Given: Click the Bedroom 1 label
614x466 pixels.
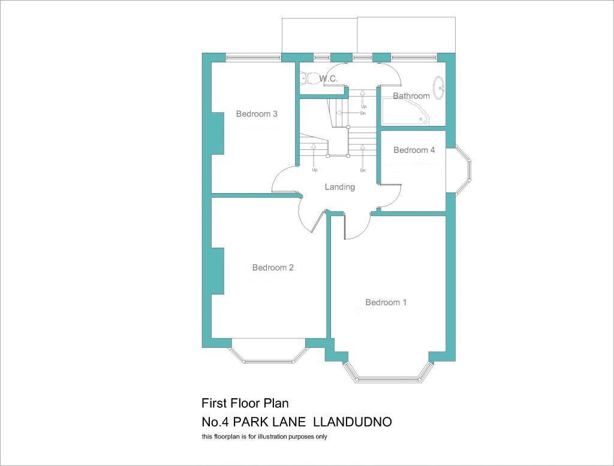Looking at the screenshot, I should coord(386,302).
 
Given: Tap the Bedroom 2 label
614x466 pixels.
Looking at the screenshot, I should coord(273,267).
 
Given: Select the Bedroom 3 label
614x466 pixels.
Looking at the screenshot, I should coord(257,114).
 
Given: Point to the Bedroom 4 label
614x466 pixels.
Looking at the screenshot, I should coord(414,150).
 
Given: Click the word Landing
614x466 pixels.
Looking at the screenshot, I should coord(340,187).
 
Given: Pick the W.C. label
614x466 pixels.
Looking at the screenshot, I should coord(329,79).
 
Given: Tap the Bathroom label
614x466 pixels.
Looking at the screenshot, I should coord(411,96).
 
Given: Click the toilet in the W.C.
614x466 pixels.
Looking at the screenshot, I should coord(310,79).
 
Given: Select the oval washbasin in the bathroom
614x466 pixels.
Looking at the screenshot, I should coord(440,87).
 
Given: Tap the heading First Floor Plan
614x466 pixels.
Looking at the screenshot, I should coord(245,403).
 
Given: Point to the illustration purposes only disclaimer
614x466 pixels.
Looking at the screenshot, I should coord(264,437).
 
